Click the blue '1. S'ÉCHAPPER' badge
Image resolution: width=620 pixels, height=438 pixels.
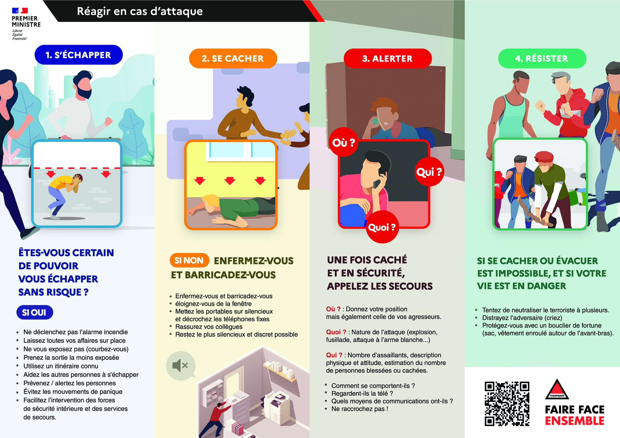79,55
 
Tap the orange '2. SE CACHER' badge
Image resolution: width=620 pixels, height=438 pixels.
233,58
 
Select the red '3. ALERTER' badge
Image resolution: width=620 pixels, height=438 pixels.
387,58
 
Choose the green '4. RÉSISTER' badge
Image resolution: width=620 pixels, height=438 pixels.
542,58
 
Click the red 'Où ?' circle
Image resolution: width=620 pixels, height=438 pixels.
344,142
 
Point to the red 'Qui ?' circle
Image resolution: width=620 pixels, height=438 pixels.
429,172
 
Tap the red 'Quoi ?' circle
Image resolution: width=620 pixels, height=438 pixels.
382,227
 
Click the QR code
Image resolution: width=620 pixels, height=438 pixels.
507,404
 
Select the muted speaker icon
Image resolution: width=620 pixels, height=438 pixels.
180,365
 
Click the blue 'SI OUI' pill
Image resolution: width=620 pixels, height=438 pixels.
35,312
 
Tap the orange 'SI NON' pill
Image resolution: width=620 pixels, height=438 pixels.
189,260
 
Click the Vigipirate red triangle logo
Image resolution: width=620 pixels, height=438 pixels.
557,389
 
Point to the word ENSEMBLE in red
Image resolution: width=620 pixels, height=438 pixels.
575,421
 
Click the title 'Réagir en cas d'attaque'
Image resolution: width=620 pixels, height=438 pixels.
140,11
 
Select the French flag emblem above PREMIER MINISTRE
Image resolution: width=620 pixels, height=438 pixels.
20,11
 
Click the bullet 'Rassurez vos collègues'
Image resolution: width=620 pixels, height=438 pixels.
209,327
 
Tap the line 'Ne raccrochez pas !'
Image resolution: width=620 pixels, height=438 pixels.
360,409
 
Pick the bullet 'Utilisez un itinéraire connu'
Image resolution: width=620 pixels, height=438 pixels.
61,366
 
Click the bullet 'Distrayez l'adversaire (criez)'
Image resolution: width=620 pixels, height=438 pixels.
522,318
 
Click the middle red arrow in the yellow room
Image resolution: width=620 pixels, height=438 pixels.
230,181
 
